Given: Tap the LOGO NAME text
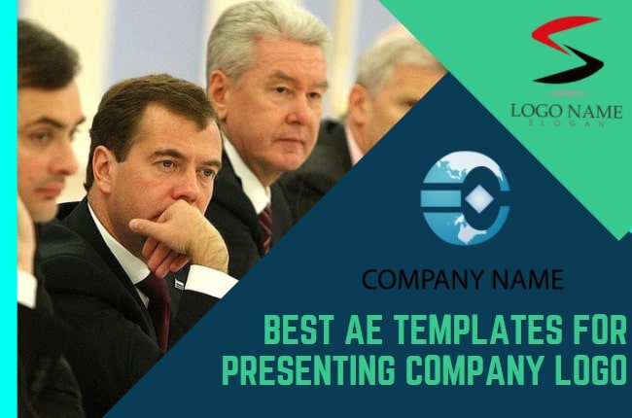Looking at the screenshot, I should [566, 110].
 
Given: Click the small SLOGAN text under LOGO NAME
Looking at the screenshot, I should [567, 124].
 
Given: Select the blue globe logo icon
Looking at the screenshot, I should [465, 197].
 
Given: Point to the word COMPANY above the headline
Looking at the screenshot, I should [419, 281].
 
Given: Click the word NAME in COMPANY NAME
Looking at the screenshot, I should [522, 281].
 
